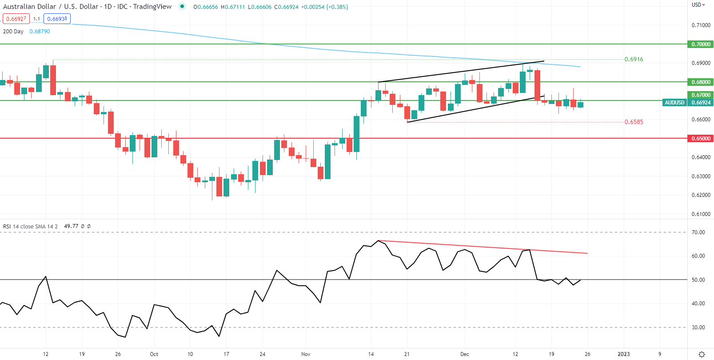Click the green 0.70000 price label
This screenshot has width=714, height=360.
point(701,44)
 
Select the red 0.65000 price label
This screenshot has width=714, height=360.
point(701,139)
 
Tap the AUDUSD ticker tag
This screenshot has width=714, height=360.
point(674,103)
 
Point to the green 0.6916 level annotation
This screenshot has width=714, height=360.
point(634,59)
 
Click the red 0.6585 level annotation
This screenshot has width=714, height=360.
point(634,122)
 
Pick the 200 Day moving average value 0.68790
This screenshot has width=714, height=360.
point(40,32)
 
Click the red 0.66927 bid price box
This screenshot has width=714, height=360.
point(16,19)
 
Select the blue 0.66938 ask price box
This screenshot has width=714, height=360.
point(57,19)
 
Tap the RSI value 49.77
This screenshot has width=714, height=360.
point(71,226)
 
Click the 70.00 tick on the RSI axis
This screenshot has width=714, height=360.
point(698,232)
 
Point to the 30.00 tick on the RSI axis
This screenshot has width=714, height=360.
point(698,328)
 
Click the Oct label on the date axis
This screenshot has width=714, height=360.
point(154,354)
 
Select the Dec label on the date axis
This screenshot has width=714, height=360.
point(464,354)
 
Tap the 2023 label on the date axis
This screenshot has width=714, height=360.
point(624,354)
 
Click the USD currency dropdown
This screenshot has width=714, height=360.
point(698,5)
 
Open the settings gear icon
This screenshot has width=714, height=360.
point(702,354)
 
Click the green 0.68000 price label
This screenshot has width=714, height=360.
point(701,82)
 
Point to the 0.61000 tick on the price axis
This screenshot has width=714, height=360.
point(701,214)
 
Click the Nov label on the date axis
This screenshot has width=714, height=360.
point(306,354)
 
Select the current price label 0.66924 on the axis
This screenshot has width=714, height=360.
point(701,103)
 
